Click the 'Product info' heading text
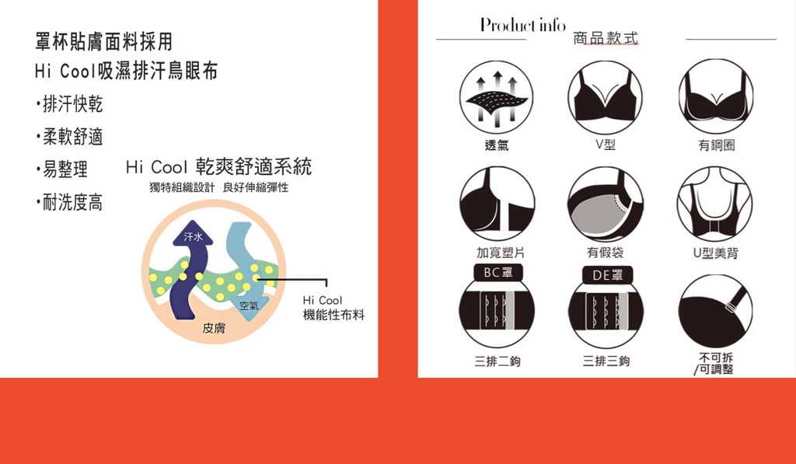(522, 25)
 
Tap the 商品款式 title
(606, 39)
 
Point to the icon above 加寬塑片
(497, 204)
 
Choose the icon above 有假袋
(605, 204)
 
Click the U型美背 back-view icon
(714, 204)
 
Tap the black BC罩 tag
(497, 274)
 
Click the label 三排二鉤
(497, 361)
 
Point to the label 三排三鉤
(606, 361)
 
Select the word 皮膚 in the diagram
(214, 330)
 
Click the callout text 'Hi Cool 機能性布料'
(333, 308)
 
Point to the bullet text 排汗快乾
(72, 104)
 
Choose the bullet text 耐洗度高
(72, 204)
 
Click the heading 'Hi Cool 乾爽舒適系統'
(218, 168)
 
